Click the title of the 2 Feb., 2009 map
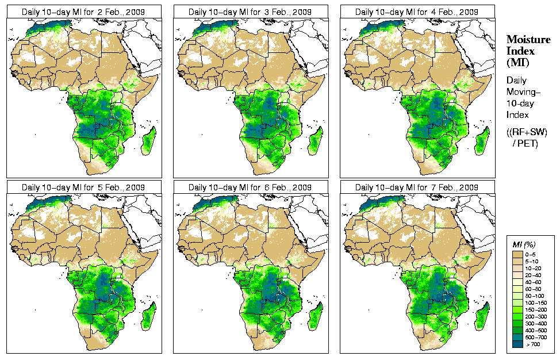point(84,12)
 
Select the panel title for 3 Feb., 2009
point(251,12)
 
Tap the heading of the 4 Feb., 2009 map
point(417,12)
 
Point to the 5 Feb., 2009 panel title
point(84,187)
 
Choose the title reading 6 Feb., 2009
point(251,187)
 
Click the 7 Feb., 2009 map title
point(417,187)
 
